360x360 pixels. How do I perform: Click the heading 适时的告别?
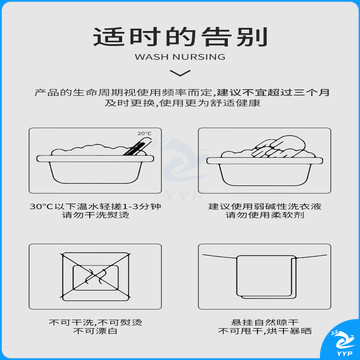pos(180,37)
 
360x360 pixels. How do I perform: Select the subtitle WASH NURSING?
pos(180,57)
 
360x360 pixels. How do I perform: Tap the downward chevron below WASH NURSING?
pos(180,73)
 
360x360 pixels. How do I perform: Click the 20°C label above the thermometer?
pos(145,134)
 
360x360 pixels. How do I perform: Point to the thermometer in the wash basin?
pos(137,146)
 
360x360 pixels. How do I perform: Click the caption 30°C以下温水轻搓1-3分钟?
pos(96,207)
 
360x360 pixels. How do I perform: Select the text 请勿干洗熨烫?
pos(96,215)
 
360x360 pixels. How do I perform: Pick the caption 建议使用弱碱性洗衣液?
pos(265,207)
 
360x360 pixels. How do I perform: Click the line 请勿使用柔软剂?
pos(265,215)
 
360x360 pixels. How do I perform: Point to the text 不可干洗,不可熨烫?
pos(96,323)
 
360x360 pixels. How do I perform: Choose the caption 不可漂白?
pos(96,331)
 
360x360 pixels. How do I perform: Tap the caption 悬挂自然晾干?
pos(265,323)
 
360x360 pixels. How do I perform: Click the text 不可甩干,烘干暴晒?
pos(265,331)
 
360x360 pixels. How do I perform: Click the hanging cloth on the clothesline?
pos(265,276)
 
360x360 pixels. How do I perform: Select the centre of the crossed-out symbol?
pos(96,276)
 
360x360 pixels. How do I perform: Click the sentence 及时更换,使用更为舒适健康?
pos(182,103)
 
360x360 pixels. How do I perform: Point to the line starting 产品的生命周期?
pos(182,92)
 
